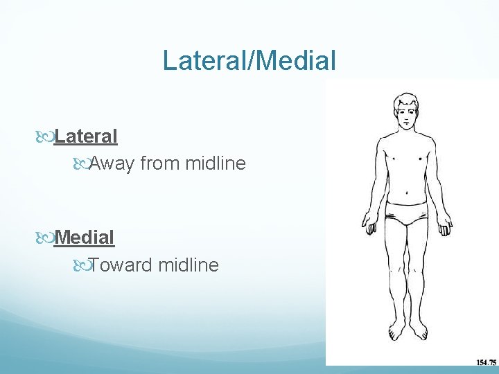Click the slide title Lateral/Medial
pyautogui.click(x=249, y=60)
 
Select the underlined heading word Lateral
pyautogui.click(x=86, y=136)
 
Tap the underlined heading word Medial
pyautogui.click(x=84, y=237)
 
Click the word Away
pyautogui.click(x=112, y=163)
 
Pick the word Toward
pyautogui.click(x=121, y=265)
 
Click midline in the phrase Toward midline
pyautogui.click(x=189, y=265)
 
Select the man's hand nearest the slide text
pyautogui.click(x=368, y=224)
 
